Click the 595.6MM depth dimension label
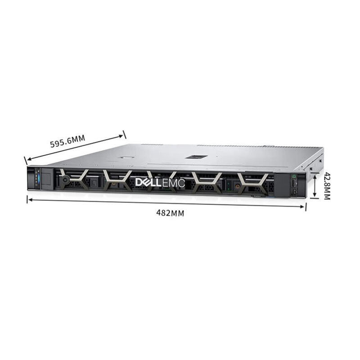tap(67, 141)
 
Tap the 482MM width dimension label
tap(170, 213)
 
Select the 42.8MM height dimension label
tap(327, 186)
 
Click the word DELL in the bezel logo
tap(148, 183)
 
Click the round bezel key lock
tap(64, 180)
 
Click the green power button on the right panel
tap(294, 176)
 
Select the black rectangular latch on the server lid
tap(197, 157)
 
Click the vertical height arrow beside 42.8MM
tap(315, 186)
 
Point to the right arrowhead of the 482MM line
tap(302, 207)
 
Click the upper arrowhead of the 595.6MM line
tap(121, 136)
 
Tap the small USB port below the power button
tap(294, 191)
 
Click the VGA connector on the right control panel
tap(294, 183)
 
